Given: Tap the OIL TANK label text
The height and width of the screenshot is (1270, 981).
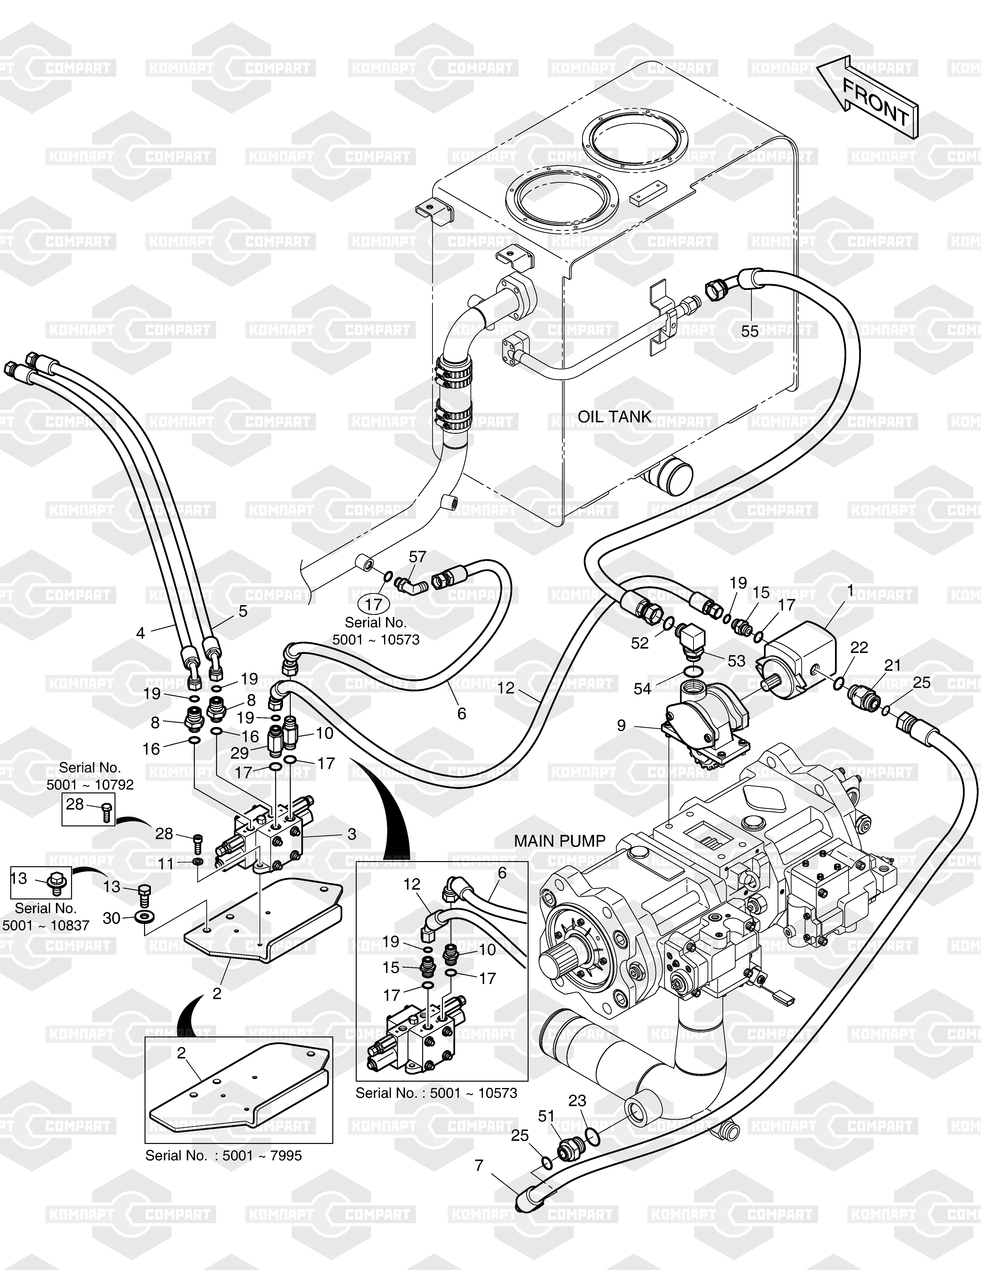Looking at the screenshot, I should pyautogui.click(x=614, y=416).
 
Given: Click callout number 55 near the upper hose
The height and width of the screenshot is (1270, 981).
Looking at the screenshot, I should pyautogui.click(x=750, y=331).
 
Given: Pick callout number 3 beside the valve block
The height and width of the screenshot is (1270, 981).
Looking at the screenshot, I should pyautogui.click(x=352, y=834).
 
